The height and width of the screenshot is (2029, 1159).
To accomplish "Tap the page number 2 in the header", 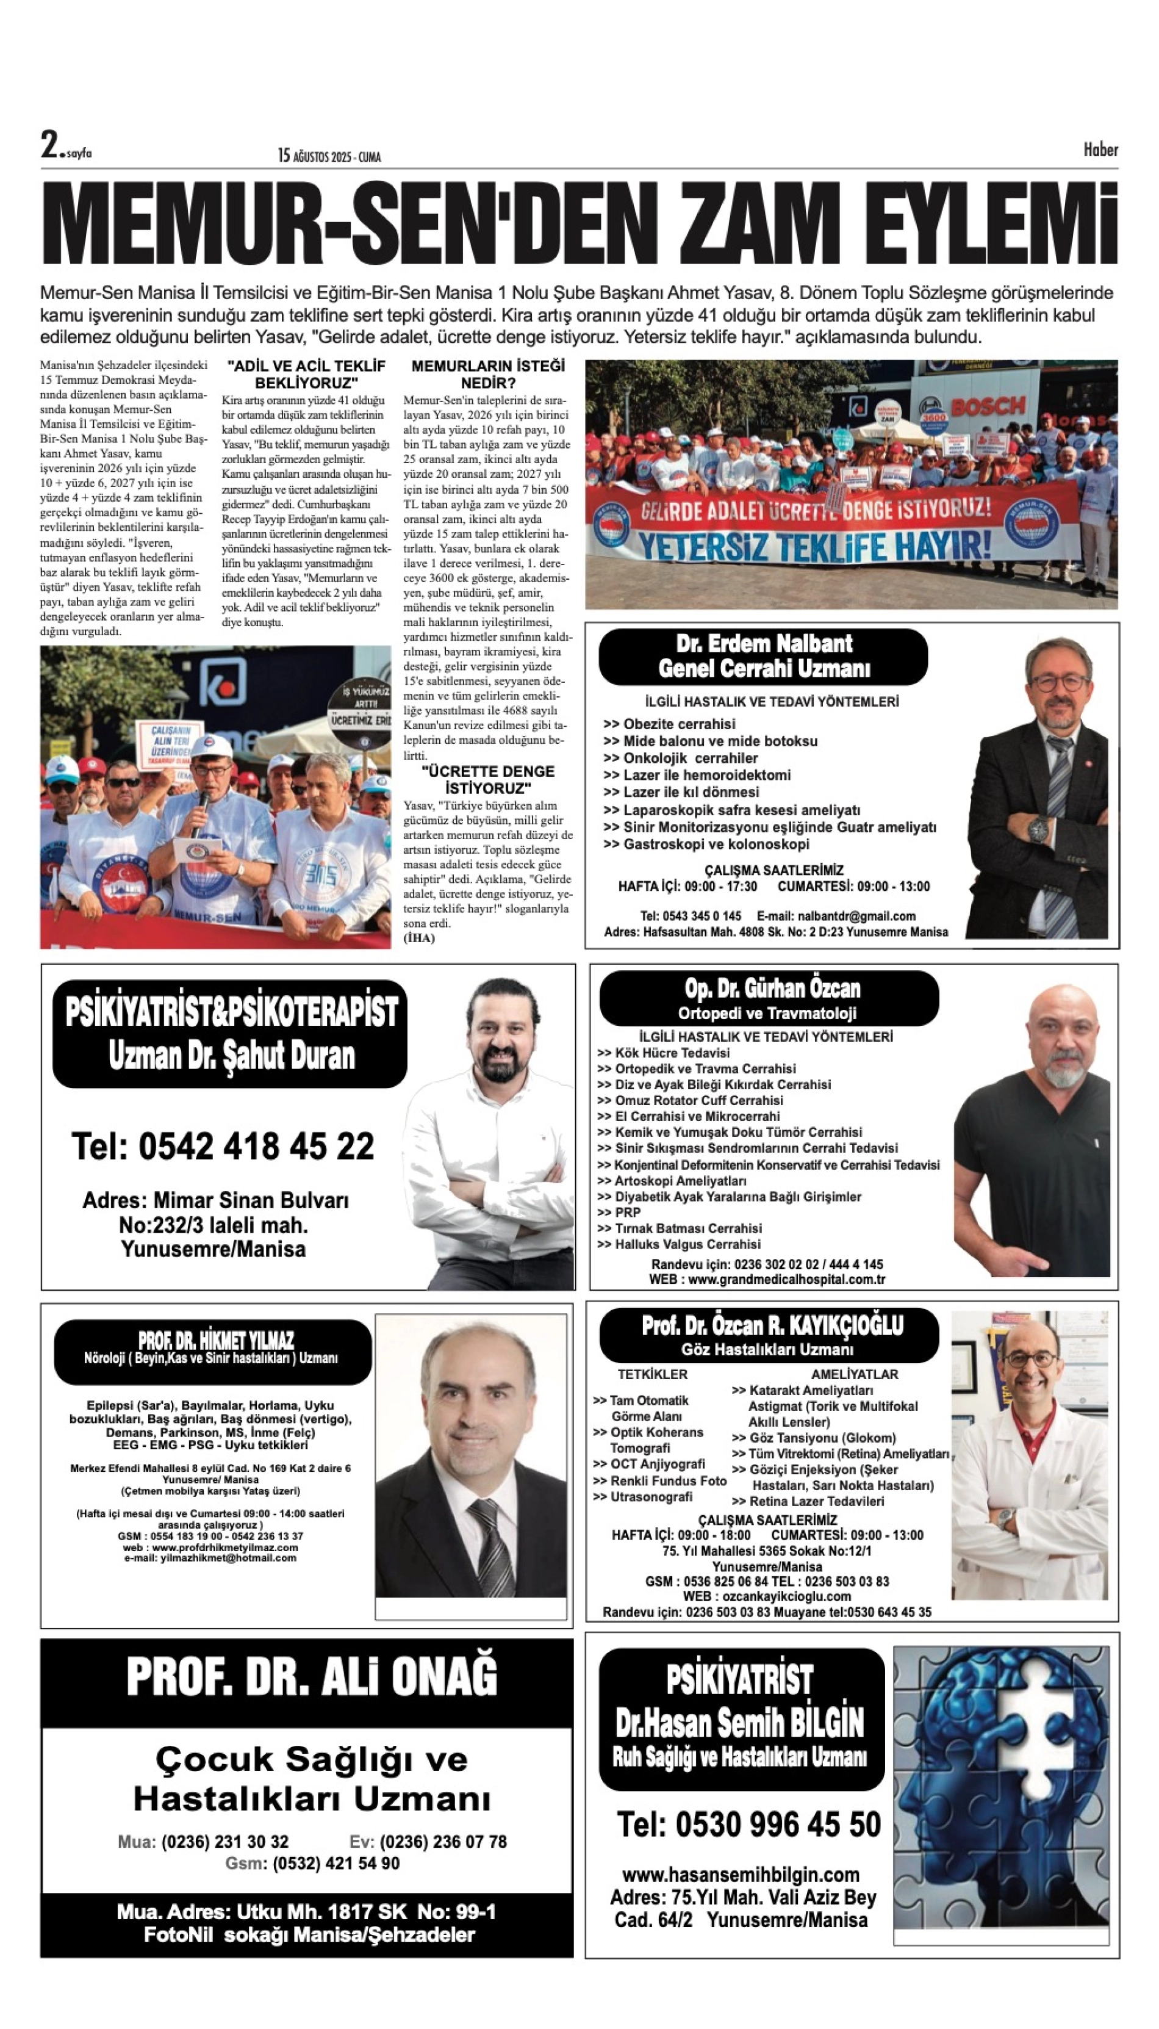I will click(50, 145).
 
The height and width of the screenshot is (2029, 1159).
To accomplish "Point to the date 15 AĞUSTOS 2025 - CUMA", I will click(329, 156).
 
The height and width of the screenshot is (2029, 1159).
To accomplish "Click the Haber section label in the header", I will click(1100, 150).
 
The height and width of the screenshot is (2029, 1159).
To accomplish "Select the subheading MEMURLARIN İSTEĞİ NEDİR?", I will click(487, 373).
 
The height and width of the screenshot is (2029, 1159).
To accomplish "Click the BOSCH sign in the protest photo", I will click(988, 406).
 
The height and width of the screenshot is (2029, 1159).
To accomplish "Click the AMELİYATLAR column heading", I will click(854, 1374).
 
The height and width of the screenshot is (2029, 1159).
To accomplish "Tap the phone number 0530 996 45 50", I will click(748, 1825).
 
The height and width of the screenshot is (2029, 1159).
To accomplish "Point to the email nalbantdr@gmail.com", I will click(836, 916).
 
